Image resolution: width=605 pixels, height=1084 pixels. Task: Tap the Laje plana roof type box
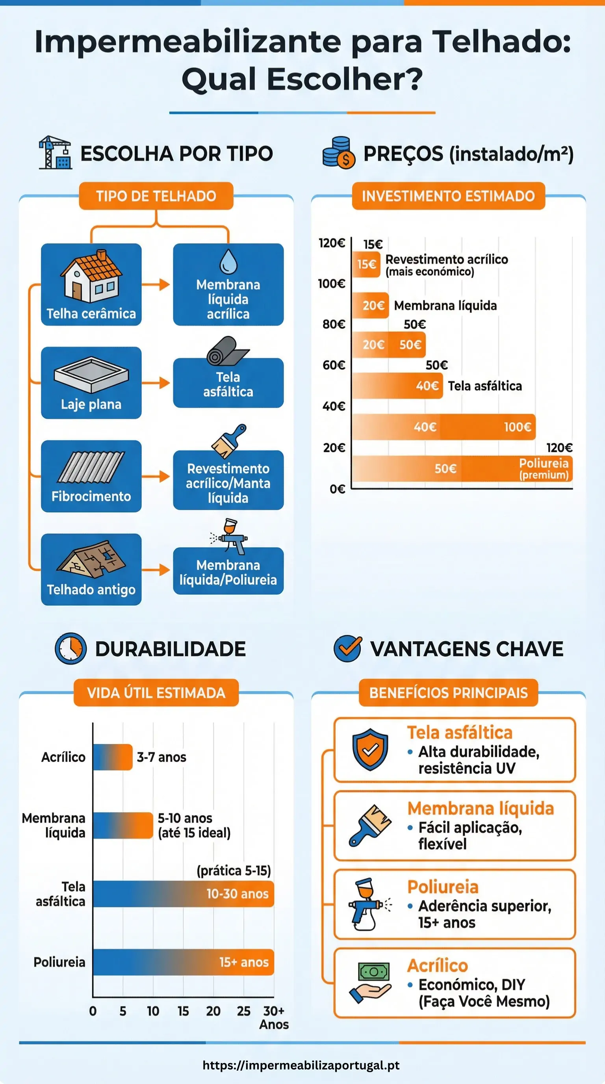[x=91, y=382]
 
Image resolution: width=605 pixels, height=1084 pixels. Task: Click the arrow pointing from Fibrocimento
[x=156, y=476]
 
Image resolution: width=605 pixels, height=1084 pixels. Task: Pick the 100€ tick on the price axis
[x=332, y=284]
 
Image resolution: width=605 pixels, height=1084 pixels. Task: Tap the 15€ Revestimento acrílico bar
[x=366, y=264]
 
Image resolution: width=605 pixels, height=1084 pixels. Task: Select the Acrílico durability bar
[x=112, y=757]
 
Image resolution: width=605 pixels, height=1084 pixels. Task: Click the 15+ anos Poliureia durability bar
[x=183, y=962]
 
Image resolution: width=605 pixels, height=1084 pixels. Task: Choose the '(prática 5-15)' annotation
[x=234, y=870]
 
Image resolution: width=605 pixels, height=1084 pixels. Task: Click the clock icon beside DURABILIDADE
[x=70, y=648]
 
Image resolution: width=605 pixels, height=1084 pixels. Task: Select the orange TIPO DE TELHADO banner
[x=156, y=196]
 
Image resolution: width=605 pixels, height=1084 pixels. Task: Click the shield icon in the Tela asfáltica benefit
[x=370, y=750]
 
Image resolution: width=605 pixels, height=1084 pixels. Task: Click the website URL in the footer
[x=301, y=1065]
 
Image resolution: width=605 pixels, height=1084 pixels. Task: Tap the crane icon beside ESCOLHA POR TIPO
[x=55, y=152]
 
